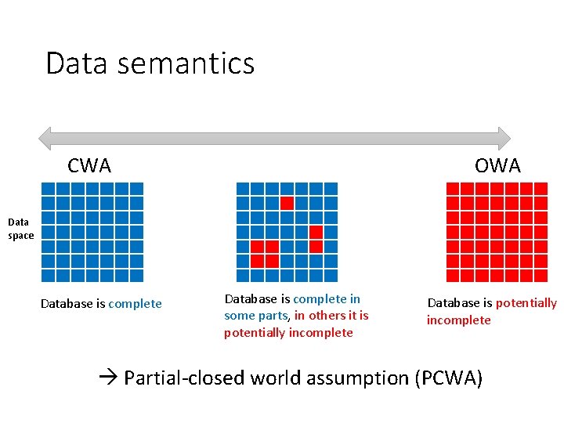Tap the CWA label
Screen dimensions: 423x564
(89, 166)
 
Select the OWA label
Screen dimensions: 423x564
(497, 166)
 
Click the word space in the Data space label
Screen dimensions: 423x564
(21, 236)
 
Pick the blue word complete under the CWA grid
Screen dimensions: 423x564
(135, 304)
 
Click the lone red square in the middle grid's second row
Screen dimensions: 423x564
(287, 203)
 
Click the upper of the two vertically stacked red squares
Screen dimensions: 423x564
(316, 232)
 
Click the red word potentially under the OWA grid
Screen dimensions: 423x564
(526, 303)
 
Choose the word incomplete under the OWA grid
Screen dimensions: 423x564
(458, 320)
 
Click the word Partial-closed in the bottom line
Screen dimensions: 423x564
(185, 379)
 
